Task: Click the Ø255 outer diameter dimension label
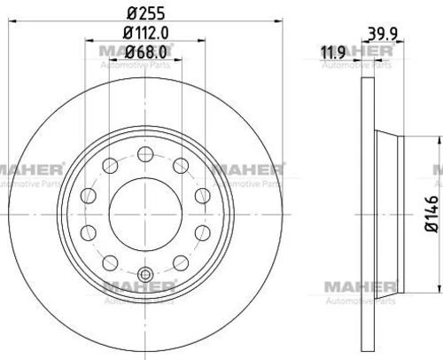(145, 13)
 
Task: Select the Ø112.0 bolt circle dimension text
(145, 33)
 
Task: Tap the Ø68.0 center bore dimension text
(145, 52)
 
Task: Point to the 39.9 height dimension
(383, 34)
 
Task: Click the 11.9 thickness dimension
(333, 53)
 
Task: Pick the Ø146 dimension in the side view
(431, 214)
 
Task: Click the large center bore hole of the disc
(145, 215)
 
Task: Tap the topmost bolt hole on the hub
(145, 154)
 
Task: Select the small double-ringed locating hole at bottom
(145, 275)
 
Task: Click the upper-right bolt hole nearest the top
(181, 166)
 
